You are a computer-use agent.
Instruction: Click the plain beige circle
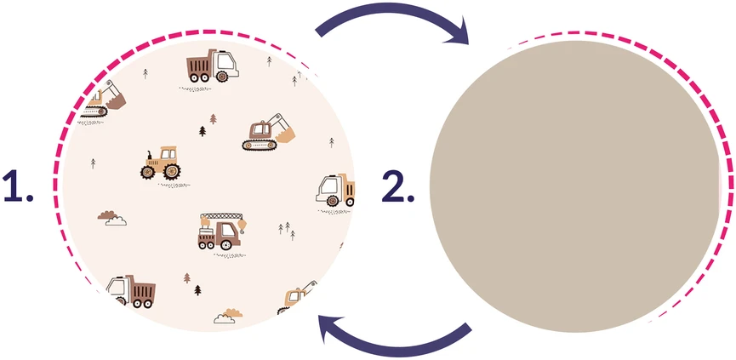574,186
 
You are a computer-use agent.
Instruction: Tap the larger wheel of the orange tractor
172,171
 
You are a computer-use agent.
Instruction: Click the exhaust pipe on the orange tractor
150,156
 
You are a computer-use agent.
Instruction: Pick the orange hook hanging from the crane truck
242,226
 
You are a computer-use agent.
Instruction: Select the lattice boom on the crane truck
221,216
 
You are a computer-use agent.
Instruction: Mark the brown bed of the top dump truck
200,65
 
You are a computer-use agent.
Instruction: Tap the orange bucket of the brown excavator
285,135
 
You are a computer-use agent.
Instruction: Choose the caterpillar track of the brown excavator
260,145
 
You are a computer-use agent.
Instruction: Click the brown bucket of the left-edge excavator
117,101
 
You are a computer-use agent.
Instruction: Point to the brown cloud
107,215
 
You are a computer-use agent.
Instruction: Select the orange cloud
233,313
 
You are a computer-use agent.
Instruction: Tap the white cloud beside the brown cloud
116,221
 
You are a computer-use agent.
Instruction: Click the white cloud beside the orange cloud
225,319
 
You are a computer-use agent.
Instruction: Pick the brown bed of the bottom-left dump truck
143,290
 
